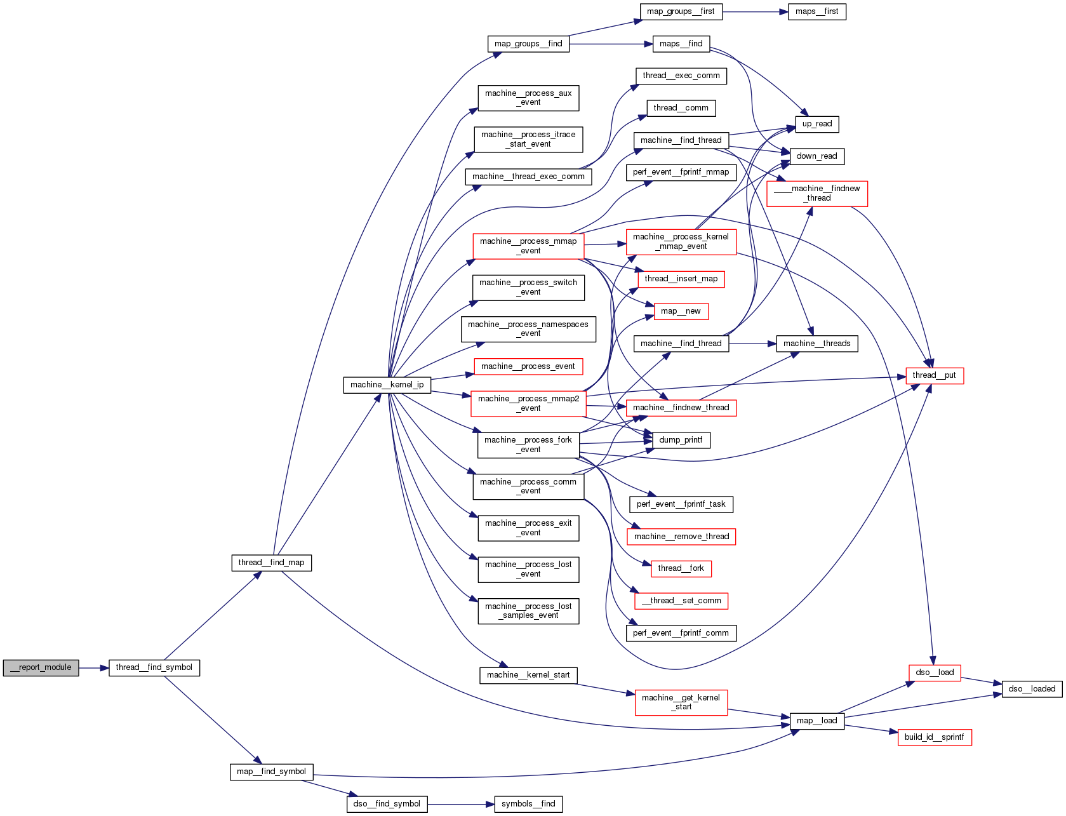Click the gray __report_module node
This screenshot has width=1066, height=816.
41,667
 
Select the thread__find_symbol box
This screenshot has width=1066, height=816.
154,667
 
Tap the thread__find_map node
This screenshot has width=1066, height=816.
271,563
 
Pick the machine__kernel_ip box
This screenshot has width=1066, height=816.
387,385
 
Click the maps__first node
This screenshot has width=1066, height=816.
816,11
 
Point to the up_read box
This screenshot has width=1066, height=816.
816,124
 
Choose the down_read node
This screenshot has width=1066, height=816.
816,156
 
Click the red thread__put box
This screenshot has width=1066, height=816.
934,375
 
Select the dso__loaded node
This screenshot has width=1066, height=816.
1032,689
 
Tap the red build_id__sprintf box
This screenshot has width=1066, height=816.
934,737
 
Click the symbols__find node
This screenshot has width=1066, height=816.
528,804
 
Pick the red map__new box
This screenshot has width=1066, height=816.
681,311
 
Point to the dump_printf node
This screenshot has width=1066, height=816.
681,440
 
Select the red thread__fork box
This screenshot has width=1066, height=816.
681,568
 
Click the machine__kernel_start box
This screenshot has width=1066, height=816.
528,675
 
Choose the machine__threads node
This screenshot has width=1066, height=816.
816,344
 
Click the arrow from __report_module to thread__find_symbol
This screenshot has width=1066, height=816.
94,667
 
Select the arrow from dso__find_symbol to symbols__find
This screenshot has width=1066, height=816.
460,804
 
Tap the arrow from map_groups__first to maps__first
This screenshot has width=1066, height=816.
755,11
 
